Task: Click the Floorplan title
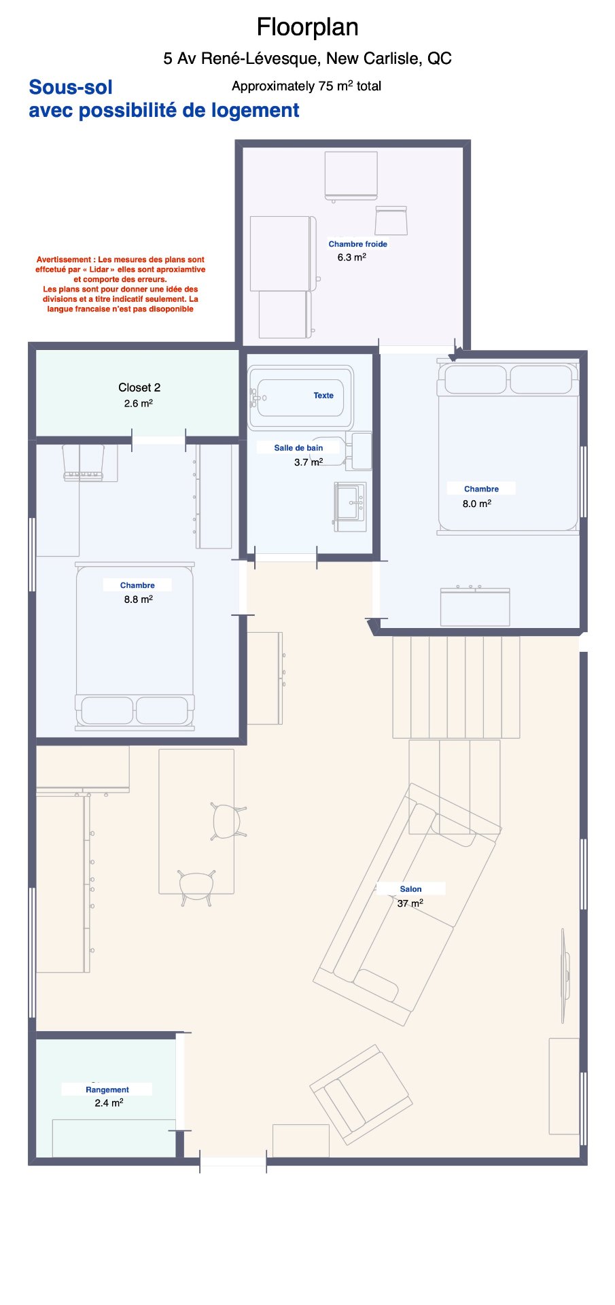click(307, 27)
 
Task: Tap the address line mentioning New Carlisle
click(307, 58)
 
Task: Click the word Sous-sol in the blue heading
click(71, 87)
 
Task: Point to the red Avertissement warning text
click(120, 284)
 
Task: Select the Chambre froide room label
click(357, 244)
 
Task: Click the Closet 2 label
click(139, 387)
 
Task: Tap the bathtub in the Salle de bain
click(300, 398)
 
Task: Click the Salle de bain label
click(298, 448)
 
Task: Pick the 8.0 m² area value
click(477, 504)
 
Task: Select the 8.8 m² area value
click(138, 599)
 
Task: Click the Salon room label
click(410, 889)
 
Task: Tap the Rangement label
click(107, 1090)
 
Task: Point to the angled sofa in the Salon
click(407, 905)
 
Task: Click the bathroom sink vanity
click(350, 507)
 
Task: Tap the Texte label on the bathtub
click(323, 396)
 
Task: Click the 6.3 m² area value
click(352, 258)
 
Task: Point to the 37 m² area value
click(410, 903)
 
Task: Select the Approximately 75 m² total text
click(306, 86)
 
